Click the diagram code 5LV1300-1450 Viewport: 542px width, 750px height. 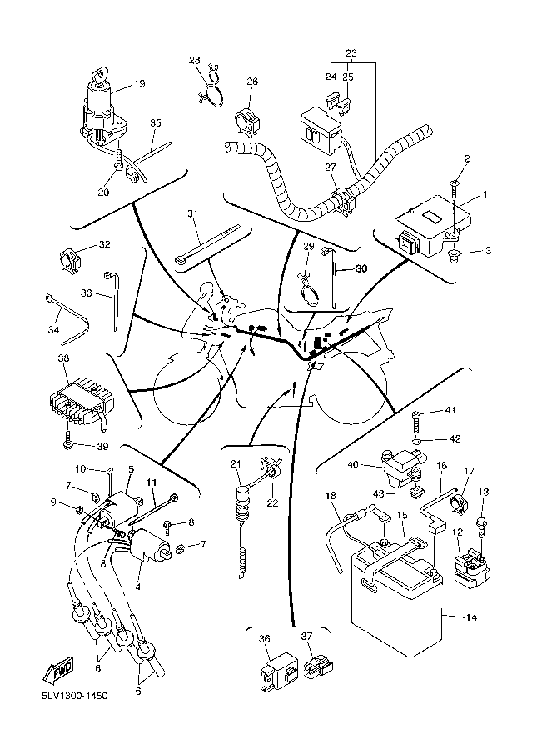click(x=74, y=696)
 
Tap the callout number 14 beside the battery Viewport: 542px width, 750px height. click(x=470, y=618)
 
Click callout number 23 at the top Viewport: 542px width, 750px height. click(x=351, y=52)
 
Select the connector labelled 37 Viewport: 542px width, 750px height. click(x=317, y=666)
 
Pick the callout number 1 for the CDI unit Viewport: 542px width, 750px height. click(x=485, y=195)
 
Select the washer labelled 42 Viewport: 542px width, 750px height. click(x=417, y=439)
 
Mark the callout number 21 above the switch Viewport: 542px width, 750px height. click(x=236, y=463)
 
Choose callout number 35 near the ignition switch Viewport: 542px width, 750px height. click(x=156, y=123)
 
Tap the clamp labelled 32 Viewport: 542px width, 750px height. click(x=71, y=260)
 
